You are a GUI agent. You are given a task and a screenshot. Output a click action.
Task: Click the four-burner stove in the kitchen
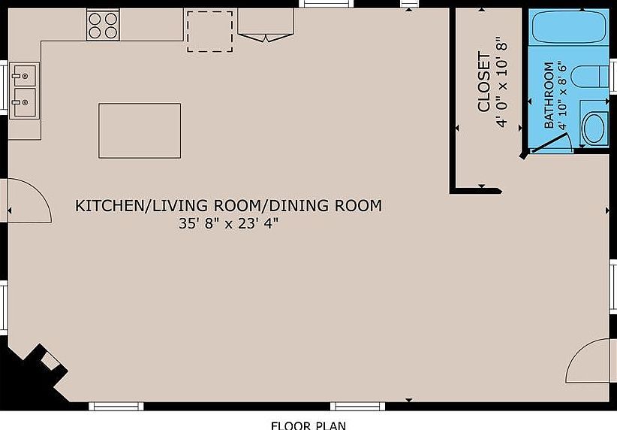[x=104, y=24]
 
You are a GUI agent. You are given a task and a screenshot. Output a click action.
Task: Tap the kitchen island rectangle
[x=140, y=131]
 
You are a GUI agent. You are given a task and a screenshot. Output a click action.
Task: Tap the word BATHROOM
[x=549, y=95]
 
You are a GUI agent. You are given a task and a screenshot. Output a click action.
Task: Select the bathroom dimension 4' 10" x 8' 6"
[x=563, y=95]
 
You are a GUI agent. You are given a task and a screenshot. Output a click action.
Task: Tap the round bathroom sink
[x=594, y=127]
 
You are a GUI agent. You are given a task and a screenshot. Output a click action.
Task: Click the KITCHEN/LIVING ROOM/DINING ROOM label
[x=228, y=205]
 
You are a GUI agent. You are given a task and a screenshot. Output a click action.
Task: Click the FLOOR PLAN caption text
[x=308, y=424]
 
